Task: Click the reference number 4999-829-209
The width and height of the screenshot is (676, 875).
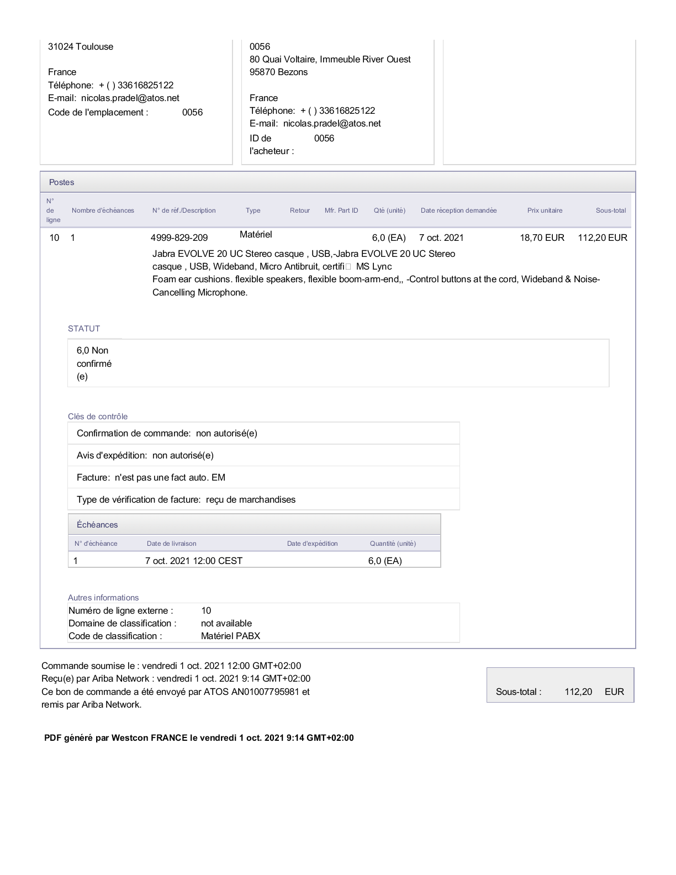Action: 179,238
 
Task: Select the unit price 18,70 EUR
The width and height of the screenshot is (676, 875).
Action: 542,238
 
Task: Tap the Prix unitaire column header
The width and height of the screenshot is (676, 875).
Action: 545,210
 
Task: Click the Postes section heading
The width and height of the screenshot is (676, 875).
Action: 61,182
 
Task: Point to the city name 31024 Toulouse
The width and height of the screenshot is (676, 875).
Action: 81,46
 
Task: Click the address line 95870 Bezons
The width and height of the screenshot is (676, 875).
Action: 278,72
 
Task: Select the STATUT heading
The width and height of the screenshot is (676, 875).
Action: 84,329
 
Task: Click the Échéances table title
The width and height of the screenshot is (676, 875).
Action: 97,525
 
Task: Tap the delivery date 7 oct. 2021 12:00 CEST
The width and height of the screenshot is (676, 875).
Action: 194,561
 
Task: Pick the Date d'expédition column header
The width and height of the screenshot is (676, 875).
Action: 312,544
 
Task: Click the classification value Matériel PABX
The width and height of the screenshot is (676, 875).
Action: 230,636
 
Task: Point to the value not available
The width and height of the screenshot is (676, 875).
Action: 226,623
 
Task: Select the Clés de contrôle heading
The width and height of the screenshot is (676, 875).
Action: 98,417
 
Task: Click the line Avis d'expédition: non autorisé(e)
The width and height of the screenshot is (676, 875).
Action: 145,455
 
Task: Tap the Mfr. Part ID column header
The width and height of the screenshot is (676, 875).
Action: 341,210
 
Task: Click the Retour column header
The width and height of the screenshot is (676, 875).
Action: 300,210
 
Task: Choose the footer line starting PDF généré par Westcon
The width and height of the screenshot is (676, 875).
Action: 199,737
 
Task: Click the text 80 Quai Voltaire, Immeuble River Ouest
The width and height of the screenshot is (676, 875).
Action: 330,59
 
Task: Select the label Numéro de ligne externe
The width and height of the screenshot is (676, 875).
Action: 120,610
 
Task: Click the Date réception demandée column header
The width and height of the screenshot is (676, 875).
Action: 458,210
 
